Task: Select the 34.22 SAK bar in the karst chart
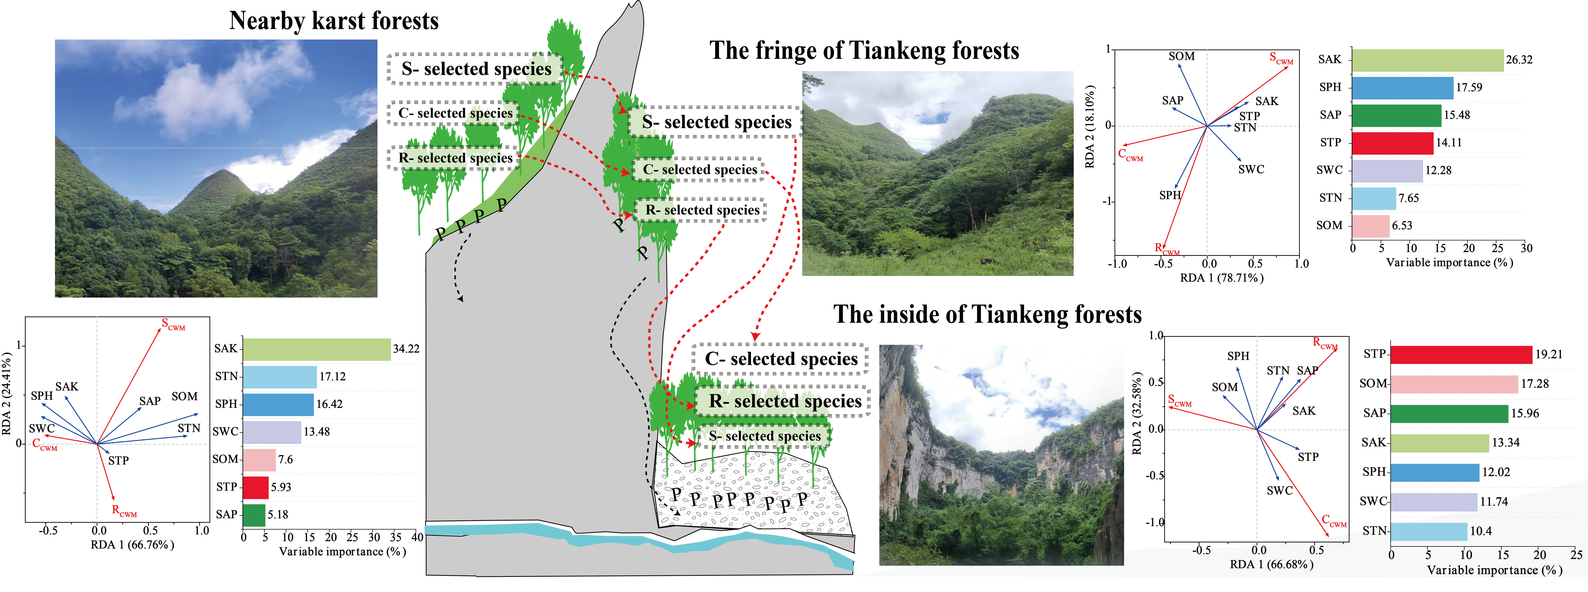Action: (x=316, y=349)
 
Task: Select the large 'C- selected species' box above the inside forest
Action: (x=780, y=359)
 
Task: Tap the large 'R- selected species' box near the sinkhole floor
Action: (x=785, y=401)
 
